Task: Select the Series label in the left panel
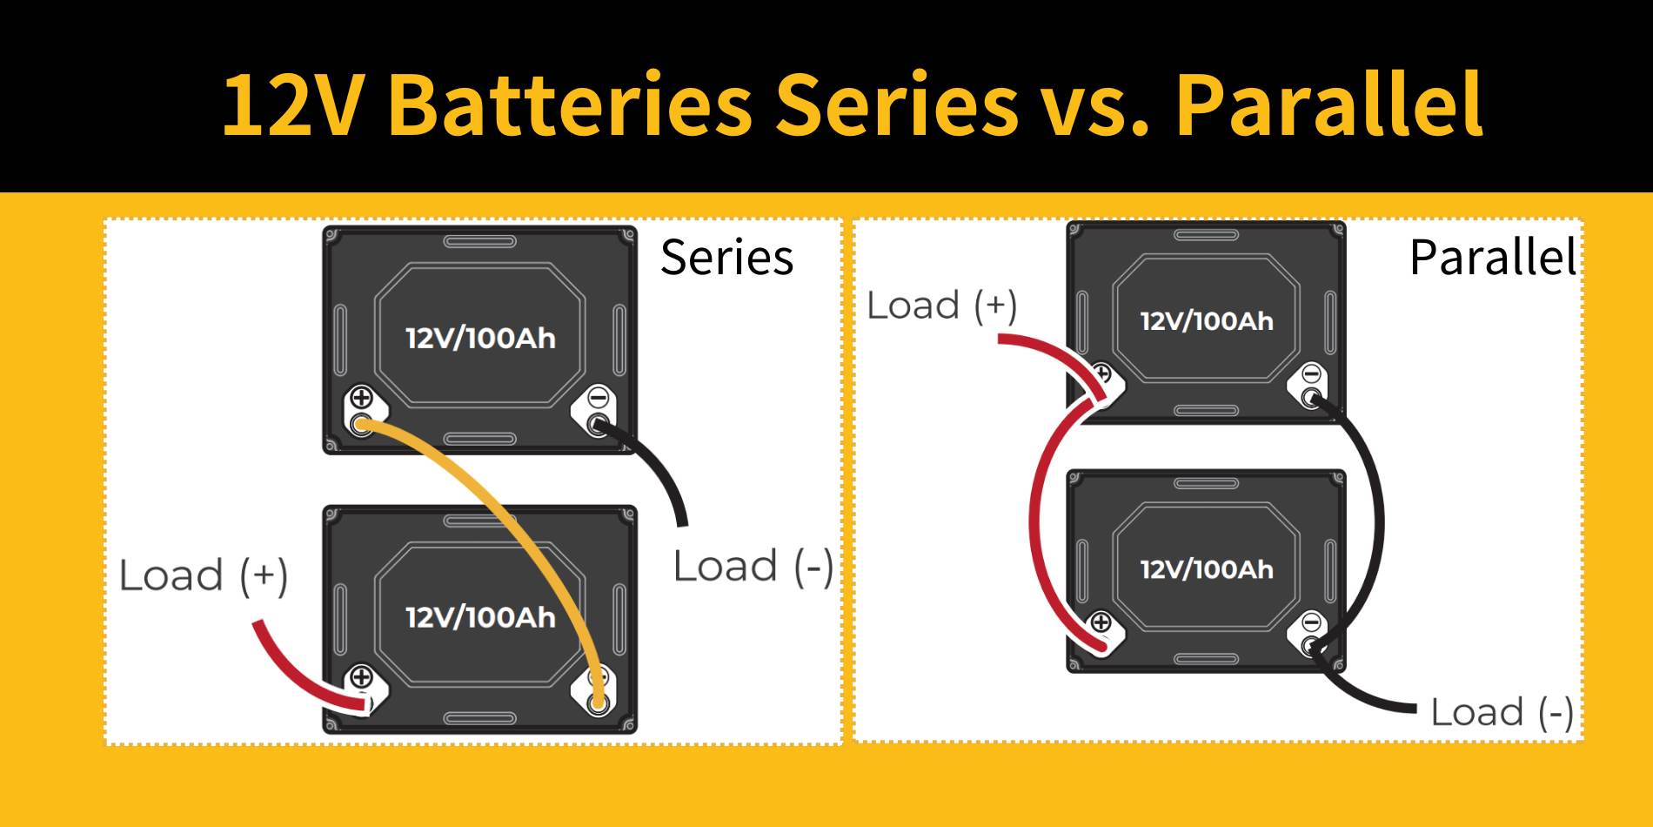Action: coord(726,258)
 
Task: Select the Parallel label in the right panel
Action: coord(1492,258)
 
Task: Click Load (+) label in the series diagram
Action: coord(203,575)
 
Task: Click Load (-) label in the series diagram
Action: coord(753,567)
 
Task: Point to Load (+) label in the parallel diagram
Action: coord(941,306)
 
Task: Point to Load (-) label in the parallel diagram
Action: coord(1501,712)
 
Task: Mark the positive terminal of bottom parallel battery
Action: coord(1101,623)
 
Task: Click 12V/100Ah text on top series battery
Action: coord(480,339)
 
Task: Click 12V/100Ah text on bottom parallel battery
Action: coord(1207,570)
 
